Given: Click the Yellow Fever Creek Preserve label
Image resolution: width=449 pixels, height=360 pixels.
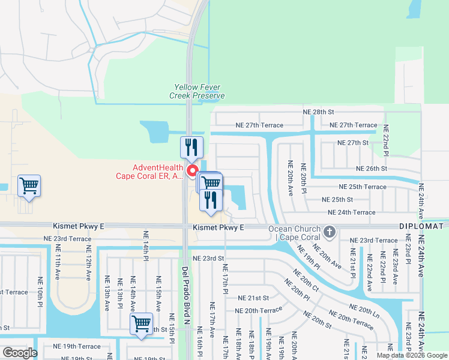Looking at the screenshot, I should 197,92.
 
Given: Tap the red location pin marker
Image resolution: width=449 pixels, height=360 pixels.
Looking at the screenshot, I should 193,172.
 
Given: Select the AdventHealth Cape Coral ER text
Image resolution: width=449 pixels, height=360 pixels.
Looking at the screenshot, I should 149,172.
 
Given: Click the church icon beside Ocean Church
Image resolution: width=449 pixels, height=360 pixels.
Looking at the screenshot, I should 328,231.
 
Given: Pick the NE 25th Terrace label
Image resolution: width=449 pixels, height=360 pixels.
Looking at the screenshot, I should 363,187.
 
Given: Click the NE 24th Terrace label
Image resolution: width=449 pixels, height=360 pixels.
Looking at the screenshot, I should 351,212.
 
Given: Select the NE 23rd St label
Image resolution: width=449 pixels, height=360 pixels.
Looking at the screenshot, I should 208,258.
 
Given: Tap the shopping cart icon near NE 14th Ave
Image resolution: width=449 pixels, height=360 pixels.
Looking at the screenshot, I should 142,324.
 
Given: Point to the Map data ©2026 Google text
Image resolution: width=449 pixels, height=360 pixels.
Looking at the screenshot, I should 411,355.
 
